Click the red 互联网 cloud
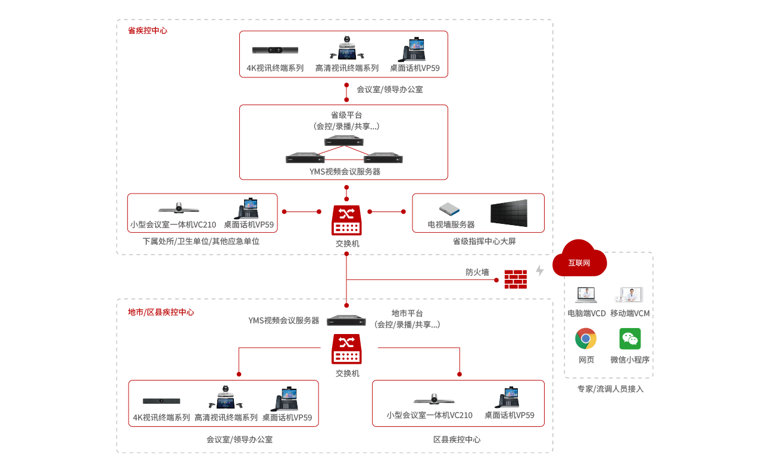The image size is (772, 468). [x=579, y=260]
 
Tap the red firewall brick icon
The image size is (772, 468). [x=515, y=279]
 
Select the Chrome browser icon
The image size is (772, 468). [x=586, y=339]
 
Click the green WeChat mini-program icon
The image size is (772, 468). [x=630, y=339]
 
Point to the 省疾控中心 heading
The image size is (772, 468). [x=148, y=30]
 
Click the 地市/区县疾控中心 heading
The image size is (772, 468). [x=161, y=312]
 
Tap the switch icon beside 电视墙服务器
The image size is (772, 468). [x=346, y=220]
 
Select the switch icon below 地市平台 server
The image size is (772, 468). [x=346, y=349]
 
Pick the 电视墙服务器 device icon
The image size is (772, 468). [x=450, y=210]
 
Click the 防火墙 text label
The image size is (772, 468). [x=477, y=272]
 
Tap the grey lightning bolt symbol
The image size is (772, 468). [x=540, y=270]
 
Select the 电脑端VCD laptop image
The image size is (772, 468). [x=586, y=295]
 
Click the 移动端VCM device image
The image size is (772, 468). [x=630, y=295]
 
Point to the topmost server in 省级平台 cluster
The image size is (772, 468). [x=344, y=141]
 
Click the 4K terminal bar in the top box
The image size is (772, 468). [x=275, y=51]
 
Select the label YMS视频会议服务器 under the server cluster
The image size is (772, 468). [x=345, y=171]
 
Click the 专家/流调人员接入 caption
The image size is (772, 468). [x=610, y=389]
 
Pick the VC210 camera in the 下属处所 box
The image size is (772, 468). [x=179, y=208]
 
